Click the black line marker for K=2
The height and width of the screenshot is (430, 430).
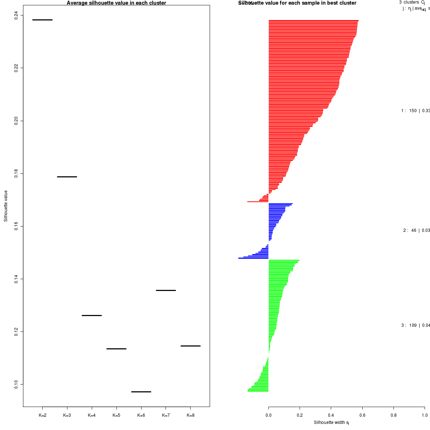pos(42,20)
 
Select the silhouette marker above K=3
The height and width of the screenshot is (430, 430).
pos(67,177)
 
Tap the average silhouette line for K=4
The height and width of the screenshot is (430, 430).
pos(92,315)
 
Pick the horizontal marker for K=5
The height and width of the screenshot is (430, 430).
pos(116,349)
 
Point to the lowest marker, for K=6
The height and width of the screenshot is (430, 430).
pos(141,392)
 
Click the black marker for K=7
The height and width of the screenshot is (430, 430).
pos(166,290)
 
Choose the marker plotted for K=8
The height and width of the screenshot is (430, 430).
pos(190,346)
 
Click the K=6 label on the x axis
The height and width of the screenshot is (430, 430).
pos(141,415)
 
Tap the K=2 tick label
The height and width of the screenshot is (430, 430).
pos(42,415)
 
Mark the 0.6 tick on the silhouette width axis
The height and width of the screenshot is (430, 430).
pos(362,415)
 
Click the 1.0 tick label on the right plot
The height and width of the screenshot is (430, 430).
pos(424,415)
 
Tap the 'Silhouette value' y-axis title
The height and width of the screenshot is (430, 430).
pos(6,206)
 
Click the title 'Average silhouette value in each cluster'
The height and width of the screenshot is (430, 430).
pos(116,3)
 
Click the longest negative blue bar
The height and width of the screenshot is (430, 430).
pos(253,258)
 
